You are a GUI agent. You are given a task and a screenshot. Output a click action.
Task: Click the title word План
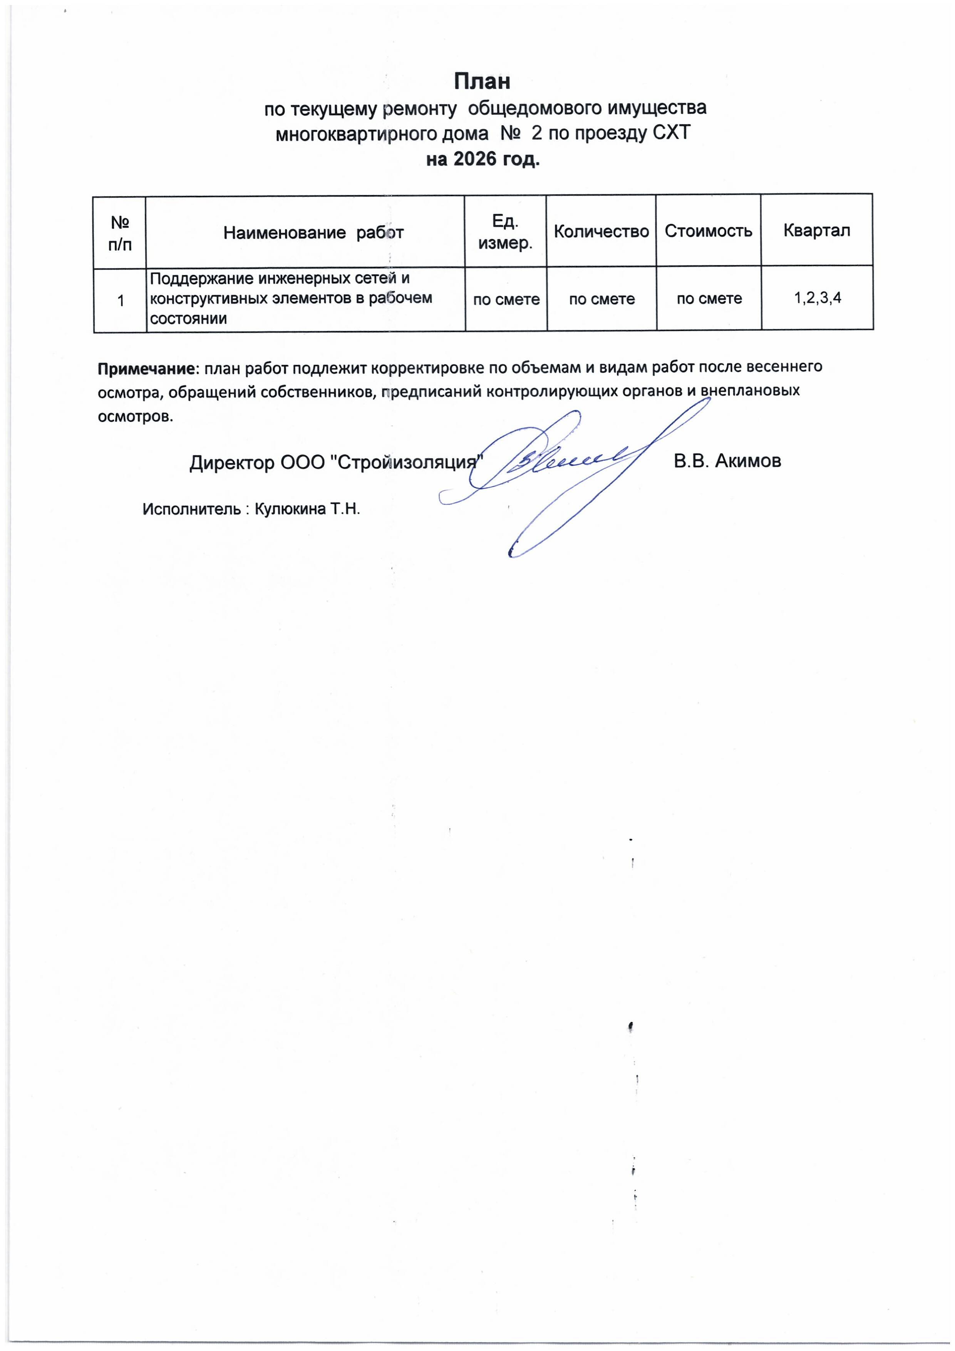coord(481,81)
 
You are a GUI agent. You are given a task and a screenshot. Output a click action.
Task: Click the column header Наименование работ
coord(313,233)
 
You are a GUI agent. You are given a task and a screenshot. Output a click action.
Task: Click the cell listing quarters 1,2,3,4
coord(817,298)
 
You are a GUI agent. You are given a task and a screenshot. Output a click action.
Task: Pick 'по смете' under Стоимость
coord(709,299)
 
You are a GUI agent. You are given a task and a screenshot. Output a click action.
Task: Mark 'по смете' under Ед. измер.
coord(506,300)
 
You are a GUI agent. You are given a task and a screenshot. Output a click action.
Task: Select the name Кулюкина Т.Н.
coord(306,509)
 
